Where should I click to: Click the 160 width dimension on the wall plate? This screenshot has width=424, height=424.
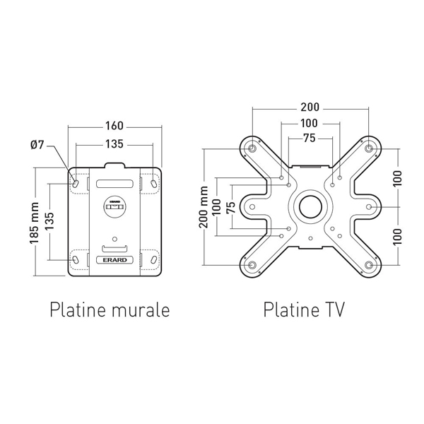pos(114,126)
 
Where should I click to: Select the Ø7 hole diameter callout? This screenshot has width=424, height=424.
pos(37,145)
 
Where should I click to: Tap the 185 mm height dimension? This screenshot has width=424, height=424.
pos(35,223)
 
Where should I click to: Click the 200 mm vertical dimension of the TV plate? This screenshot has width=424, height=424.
pos(204,207)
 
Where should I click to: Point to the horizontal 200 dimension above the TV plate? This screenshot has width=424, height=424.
pos(310,107)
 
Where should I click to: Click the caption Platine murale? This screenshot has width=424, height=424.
pos(110,310)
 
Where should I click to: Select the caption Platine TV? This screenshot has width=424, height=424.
pos(304,310)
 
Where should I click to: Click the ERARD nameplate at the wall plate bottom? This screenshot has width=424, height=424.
pos(114,260)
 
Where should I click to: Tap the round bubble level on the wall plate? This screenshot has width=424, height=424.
pos(114,207)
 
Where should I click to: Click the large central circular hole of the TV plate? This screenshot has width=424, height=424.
pos(310,207)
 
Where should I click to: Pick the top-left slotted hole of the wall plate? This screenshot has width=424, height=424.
pos(76,183)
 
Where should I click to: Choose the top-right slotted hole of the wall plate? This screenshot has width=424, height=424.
pos(153,183)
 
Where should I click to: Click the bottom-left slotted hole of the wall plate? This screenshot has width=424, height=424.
pos(76,260)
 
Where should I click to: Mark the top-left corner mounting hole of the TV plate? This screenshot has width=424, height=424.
pos(252,148)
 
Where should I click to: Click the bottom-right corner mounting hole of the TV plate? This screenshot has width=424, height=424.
pos(369,265)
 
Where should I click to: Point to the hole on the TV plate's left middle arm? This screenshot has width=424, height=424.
pos(252,207)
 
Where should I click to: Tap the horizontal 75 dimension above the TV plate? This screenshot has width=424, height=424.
pos(310,139)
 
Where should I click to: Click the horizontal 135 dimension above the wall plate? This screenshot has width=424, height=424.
pos(114,144)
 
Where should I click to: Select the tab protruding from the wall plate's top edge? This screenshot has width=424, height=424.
pos(114,165)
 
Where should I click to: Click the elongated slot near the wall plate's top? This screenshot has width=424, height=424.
pos(114,184)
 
